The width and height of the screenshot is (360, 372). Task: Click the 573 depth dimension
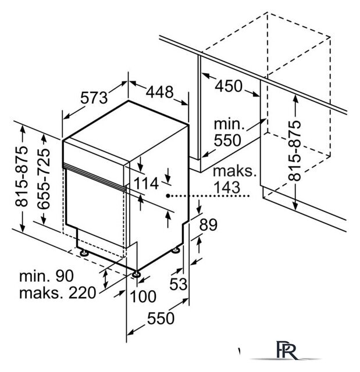click(94, 98)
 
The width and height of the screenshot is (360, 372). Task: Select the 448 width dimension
click(159, 92)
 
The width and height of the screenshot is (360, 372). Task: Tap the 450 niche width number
click(229, 86)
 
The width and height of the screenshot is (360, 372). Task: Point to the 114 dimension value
click(146, 184)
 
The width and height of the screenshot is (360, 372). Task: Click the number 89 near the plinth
click(208, 225)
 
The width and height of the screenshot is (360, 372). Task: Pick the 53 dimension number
click(179, 284)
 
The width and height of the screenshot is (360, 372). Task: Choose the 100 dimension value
click(143, 296)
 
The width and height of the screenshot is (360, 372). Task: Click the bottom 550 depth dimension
click(161, 318)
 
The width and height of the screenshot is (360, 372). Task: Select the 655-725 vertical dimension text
click(44, 179)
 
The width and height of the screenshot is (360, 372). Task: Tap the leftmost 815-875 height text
click(22, 176)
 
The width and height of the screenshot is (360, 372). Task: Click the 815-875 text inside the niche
click(294, 151)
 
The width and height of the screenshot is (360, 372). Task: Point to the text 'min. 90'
click(47, 276)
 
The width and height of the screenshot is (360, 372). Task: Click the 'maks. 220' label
click(58, 293)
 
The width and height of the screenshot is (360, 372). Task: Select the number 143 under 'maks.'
click(227, 187)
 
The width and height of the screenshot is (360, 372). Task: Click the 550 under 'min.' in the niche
click(227, 140)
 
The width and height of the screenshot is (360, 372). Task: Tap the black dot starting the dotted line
click(167, 196)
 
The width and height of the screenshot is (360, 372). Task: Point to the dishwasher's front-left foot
click(84, 253)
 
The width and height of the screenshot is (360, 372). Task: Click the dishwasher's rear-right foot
click(176, 251)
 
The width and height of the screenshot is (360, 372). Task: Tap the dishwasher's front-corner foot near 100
click(136, 274)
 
